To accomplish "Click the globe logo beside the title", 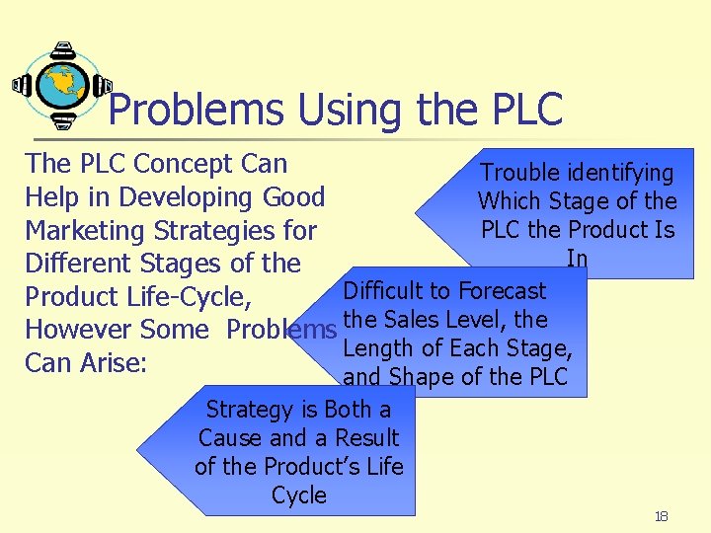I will (x=62, y=86).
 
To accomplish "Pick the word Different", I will (x=78, y=264).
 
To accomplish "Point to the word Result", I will (x=366, y=438).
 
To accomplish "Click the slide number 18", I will (x=661, y=517).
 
